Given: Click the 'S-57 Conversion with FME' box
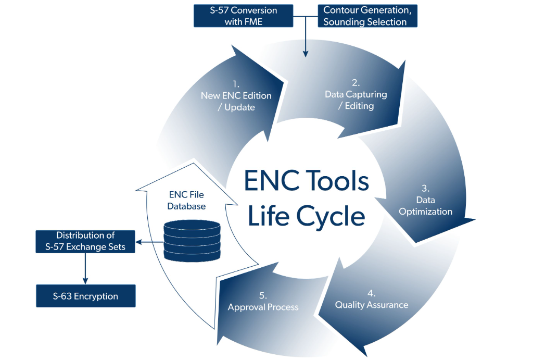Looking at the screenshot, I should coord(243,16).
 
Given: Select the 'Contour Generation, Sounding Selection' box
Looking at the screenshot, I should coord(367,16).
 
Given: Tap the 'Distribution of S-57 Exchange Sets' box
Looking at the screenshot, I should coord(85,241).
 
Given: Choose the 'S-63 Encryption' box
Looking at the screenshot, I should coord(85,296).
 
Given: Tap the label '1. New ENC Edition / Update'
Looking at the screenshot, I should coord(236,96).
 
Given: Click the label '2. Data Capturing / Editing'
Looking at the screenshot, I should coord(356,94).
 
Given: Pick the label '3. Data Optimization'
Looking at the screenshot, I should coord(426,200).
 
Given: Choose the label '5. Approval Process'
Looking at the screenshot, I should coord(263,302).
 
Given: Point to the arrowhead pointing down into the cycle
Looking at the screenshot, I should coord(306,53).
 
